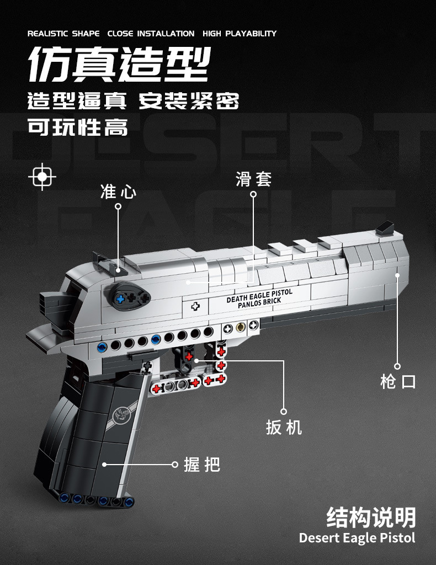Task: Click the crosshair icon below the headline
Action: [x=42, y=177]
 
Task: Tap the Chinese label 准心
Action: [x=118, y=192]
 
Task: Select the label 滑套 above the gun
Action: [x=254, y=179]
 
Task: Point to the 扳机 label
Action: [x=284, y=427]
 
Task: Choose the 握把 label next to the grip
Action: [x=202, y=464]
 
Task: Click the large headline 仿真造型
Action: [x=119, y=65]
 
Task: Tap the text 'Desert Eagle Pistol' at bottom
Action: [x=357, y=537]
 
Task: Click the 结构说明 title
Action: [x=371, y=517]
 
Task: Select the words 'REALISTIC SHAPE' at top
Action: [x=63, y=34]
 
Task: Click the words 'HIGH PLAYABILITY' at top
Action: [x=240, y=34]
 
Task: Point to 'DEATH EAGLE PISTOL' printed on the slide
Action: [x=259, y=296]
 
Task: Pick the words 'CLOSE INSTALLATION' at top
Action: [x=151, y=34]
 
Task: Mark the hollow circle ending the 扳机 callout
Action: [x=284, y=411]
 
